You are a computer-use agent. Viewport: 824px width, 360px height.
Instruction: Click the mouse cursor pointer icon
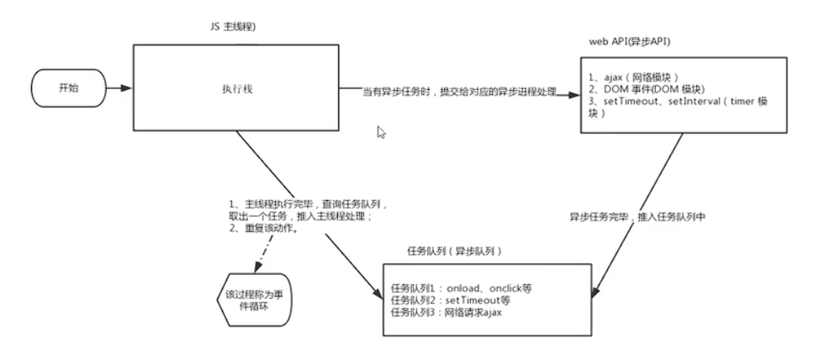point(381,132)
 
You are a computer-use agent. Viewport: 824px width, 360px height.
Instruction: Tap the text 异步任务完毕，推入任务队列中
point(642,216)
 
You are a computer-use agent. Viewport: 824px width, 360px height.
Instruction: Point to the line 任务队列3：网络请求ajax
point(445,313)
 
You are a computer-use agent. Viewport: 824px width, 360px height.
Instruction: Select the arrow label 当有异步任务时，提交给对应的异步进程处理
point(459,91)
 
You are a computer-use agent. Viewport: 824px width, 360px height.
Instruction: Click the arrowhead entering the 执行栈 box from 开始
point(126,87)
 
